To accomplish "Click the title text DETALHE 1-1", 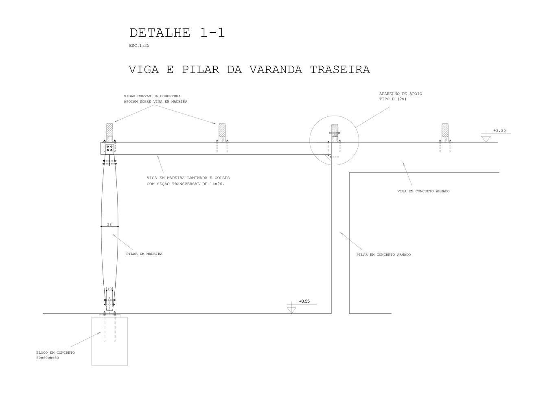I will [x=177, y=33].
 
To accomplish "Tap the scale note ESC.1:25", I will [x=139, y=46].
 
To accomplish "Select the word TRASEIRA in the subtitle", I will [x=340, y=70].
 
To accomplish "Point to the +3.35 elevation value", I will [x=499, y=131].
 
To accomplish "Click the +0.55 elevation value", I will [x=304, y=302].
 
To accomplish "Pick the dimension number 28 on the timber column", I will [x=109, y=224].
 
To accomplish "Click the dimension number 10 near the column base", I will [x=109, y=289].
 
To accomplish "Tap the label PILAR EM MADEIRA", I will [x=144, y=254].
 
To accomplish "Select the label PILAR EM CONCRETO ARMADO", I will [x=383, y=255].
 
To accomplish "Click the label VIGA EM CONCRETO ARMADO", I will [x=423, y=191].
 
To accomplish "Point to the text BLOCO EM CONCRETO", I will [x=55, y=352].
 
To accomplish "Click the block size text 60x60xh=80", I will [x=48, y=358].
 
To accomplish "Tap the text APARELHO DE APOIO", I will [x=400, y=94].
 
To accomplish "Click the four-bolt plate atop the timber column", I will [x=110, y=148].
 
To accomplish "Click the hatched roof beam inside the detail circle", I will [x=335, y=130].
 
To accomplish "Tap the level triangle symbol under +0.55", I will [x=291, y=310].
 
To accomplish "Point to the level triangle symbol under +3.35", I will [x=486, y=139].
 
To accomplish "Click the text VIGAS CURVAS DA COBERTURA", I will [x=152, y=96].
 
